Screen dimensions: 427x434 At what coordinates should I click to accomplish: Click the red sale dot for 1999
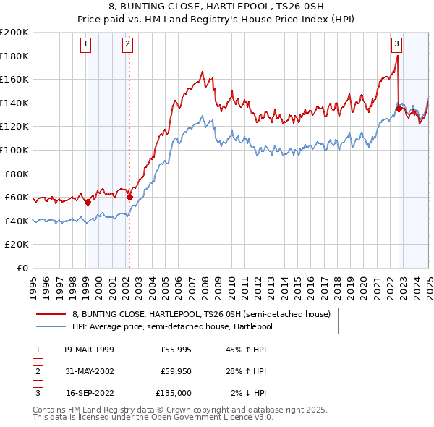click(88, 203)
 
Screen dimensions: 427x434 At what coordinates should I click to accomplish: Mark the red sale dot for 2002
click(130, 197)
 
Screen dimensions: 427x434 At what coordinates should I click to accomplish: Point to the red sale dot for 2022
click(399, 109)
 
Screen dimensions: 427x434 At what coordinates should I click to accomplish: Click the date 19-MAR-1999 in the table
click(88, 350)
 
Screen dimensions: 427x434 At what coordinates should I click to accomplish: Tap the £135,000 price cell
click(174, 393)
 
